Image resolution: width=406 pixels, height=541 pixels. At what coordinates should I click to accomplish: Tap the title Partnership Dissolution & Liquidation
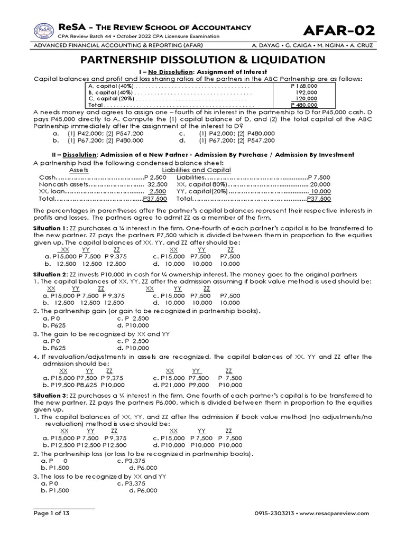(202, 59)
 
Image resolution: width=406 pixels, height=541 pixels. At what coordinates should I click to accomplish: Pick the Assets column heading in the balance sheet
(79, 170)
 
